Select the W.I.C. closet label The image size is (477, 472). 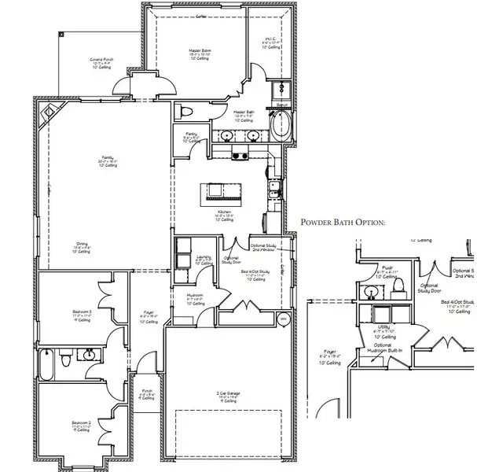click(x=271, y=42)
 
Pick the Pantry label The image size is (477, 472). click(x=191, y=136)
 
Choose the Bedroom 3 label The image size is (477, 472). click(x=83, y=315)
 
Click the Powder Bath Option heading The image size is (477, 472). click(x=344, y=223)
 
